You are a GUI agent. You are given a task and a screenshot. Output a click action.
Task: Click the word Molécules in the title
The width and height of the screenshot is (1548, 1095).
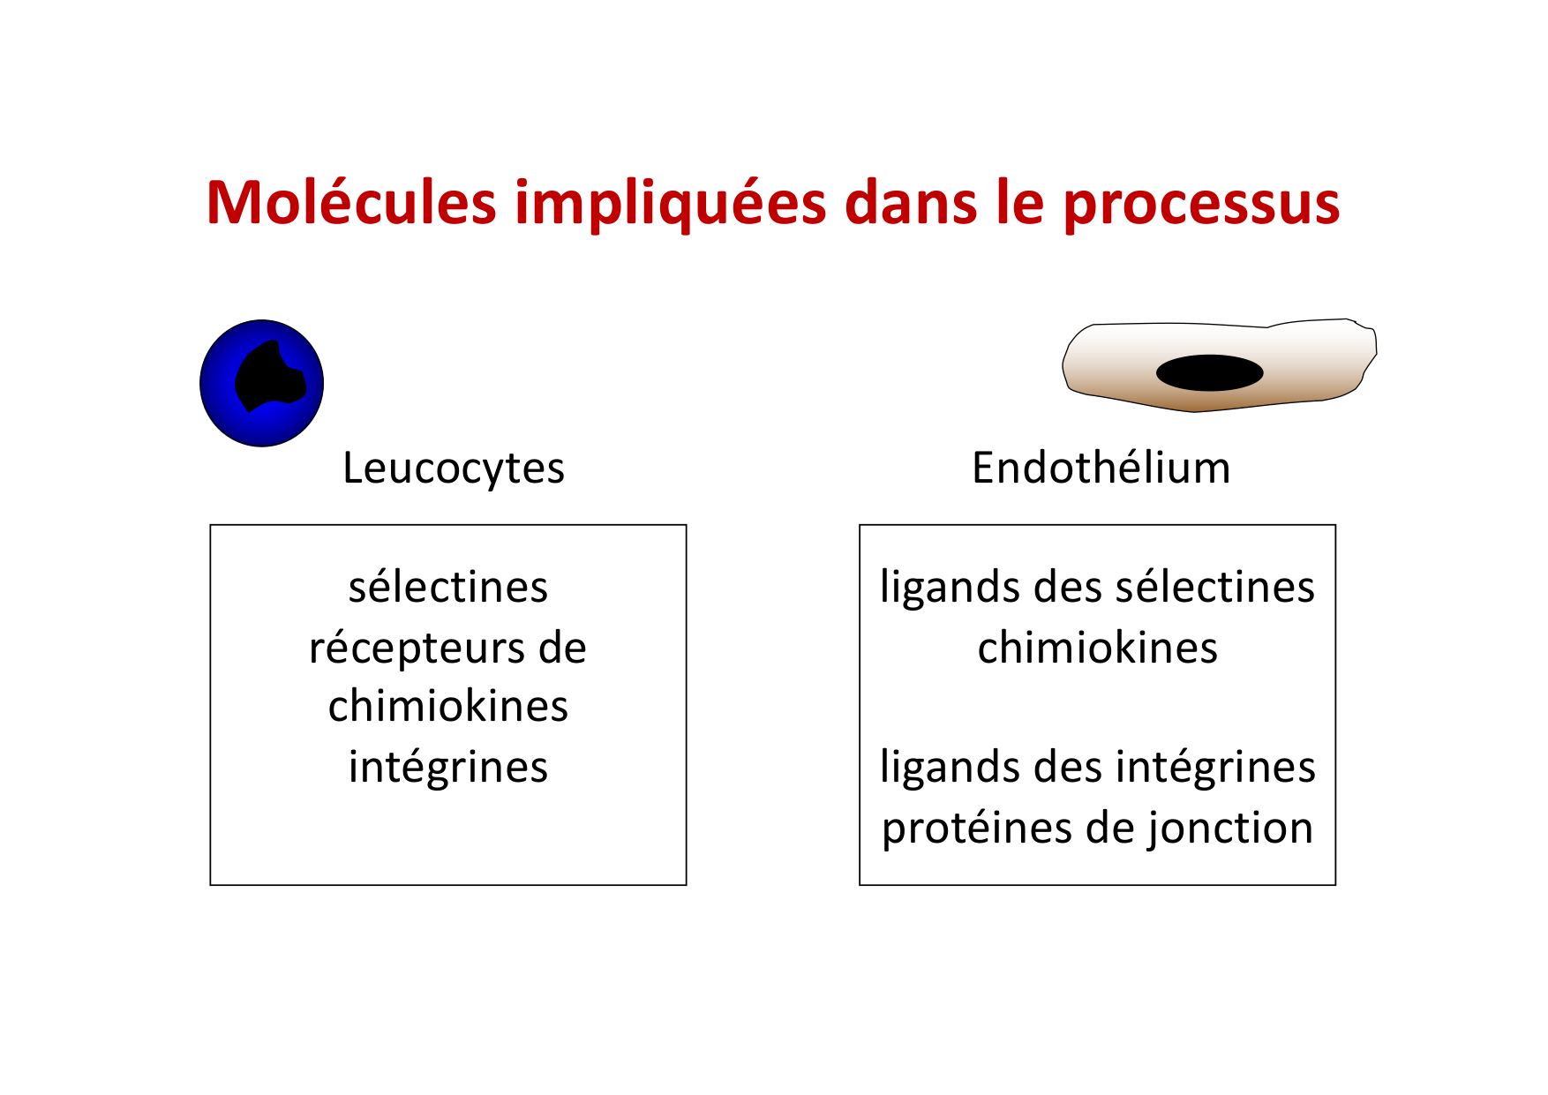351,203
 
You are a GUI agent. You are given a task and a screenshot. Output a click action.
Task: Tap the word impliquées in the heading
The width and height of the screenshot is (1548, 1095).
671,205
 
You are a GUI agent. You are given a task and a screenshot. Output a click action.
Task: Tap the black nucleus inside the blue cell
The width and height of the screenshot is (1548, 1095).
269,378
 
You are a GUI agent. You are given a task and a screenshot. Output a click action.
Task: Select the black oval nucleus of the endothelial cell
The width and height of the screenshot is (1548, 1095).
1209,372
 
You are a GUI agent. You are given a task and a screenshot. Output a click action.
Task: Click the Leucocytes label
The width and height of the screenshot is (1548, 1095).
454,468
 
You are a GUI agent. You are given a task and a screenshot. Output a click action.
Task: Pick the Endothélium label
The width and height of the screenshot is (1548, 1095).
1101,468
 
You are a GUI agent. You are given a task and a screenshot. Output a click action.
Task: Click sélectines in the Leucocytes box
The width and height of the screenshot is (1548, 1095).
448,588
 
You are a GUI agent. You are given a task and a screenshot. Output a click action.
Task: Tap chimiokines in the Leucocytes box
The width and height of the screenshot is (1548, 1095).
448,707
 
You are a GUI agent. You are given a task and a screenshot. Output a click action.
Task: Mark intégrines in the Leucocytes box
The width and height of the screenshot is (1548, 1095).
448,767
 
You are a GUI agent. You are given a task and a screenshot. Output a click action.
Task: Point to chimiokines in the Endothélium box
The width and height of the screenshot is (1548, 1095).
1097,649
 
